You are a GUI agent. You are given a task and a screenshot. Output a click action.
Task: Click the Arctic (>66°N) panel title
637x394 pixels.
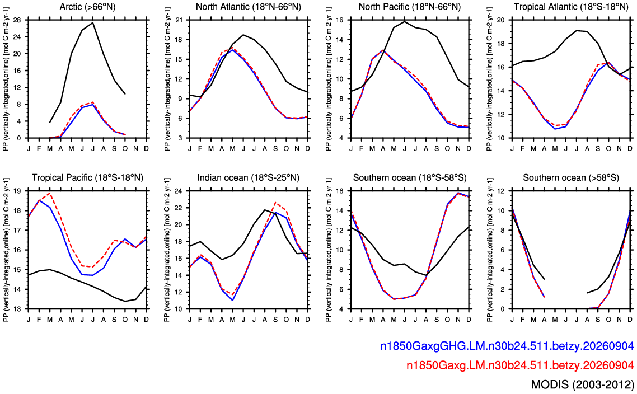coord(87,7)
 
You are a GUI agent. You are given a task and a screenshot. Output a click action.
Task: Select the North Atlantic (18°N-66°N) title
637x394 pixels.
coord(248,7)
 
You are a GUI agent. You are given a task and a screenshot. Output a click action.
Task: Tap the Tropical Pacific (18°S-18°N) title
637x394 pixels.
coord(87,177)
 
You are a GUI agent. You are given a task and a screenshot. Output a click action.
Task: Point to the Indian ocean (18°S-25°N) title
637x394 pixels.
coord(248,177)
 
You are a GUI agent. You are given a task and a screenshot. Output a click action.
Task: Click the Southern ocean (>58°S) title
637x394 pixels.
coord(571,177)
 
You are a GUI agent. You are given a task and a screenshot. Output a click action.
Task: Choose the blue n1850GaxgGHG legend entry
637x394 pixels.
coord(507,346)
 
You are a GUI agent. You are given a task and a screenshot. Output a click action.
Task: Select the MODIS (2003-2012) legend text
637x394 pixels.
coord(583,384)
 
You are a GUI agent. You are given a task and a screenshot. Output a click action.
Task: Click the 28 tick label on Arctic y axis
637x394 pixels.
coord(18,20)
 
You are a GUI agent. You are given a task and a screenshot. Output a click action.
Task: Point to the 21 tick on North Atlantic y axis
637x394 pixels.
coord(180,20)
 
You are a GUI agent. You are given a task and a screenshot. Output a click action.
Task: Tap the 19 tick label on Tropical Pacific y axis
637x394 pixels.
coord(18,191)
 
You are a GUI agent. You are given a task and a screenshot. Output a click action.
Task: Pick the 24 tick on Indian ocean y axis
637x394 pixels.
coord(180,191)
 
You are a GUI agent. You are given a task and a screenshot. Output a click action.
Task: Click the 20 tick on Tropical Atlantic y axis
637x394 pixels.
coord(502,20)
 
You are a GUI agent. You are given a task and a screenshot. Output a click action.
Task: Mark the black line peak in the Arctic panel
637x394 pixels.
coord(92,22)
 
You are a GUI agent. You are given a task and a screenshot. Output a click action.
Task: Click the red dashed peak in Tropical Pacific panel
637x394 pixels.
coord(50,193)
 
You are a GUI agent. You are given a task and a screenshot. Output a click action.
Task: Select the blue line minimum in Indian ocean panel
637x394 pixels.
coord(232,300)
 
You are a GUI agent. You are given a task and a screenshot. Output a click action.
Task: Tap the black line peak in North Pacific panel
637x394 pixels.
coord(404,21)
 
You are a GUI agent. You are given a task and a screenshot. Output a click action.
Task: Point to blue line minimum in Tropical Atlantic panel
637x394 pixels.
coord(555,129)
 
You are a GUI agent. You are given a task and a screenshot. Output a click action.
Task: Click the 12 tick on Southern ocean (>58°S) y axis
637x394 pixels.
coord(502,191)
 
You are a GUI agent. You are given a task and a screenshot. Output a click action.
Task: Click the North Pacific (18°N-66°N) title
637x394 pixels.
coord(410,7)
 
